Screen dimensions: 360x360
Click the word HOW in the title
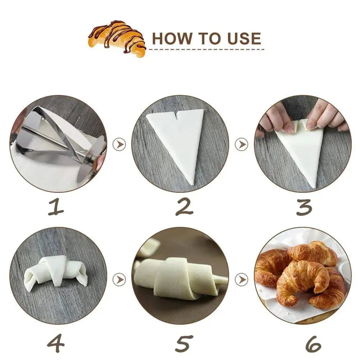tap(172, 38)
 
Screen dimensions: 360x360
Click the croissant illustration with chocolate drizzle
tap(117, 38)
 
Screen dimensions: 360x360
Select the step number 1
tap(56, 207)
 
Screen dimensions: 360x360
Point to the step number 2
tap(184, 207)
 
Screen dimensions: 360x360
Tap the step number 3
tap(304, 207)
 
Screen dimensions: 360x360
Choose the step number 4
tap(56, 343)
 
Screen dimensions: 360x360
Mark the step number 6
tap(313, 344)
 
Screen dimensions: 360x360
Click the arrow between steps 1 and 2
tap(119, 144)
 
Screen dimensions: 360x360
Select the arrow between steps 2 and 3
tap(241, 144)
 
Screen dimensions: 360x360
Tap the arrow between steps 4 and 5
tap(119, 280)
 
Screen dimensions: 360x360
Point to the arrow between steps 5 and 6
tap(241, 280)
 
